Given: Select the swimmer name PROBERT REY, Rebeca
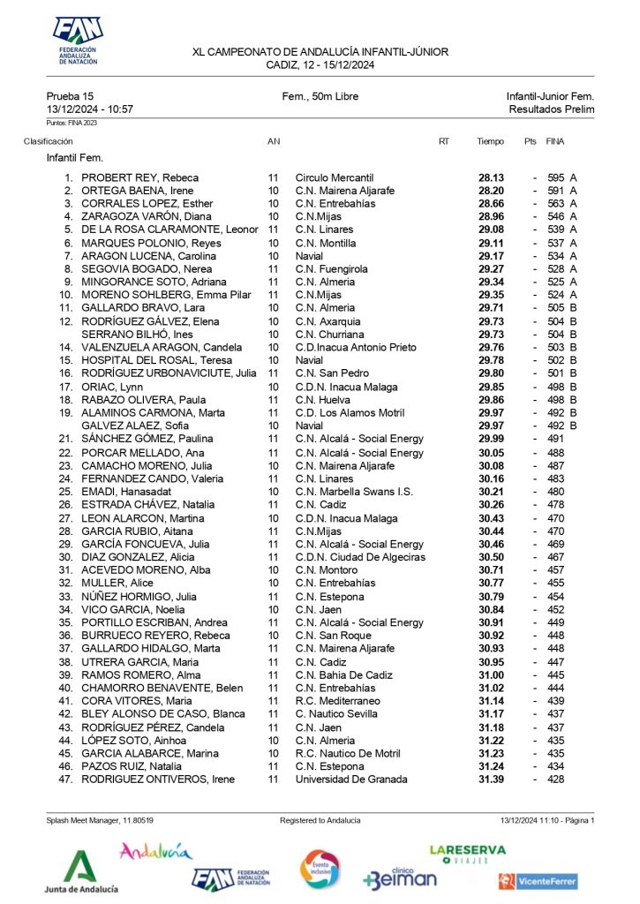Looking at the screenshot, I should (139, 177).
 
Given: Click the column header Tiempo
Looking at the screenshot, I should (490, 141).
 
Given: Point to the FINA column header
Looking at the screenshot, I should (555, 141).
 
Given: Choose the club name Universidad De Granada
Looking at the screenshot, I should (351, 780).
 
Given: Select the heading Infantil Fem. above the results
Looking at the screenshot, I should (75, 158).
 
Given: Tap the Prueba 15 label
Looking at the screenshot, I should (70, 96).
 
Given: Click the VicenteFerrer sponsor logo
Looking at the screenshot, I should (538, 880).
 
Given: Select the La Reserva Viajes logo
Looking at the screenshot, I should (468, 853).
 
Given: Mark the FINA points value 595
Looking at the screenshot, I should (555, 177).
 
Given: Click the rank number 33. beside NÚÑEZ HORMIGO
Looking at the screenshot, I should (64, 596).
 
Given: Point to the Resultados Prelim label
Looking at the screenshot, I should (551, 109).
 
